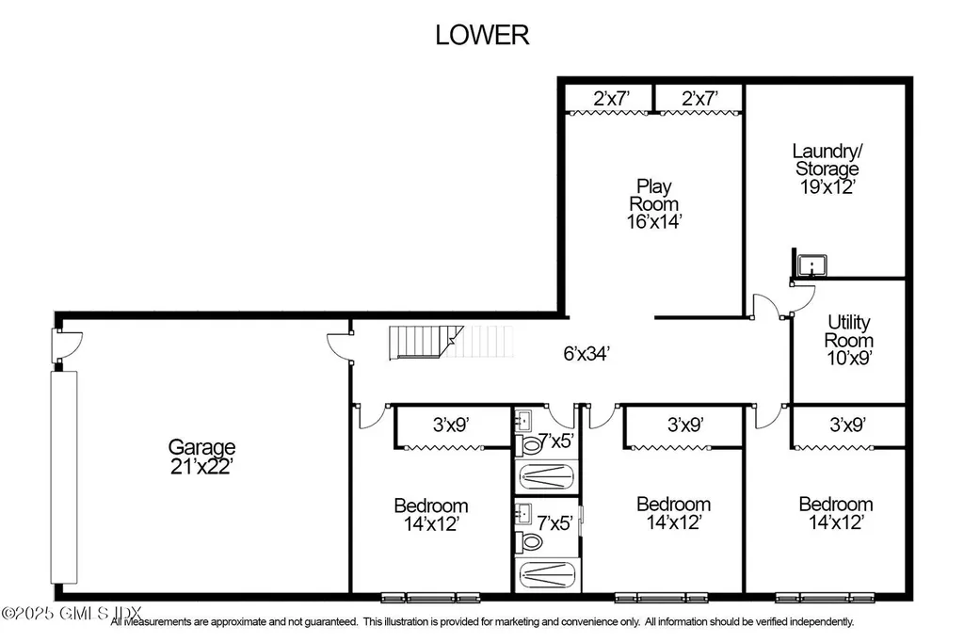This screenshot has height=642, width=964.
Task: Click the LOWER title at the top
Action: tap(482, 35)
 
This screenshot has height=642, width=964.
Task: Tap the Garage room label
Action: tap(201, 446)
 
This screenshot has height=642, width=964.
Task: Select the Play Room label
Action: tap(655, 194)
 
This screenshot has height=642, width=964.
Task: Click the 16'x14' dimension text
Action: tap(655, 221)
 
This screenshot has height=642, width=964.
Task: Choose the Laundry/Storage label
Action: tap(827, 159)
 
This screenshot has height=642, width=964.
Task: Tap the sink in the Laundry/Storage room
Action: tap(808, 265)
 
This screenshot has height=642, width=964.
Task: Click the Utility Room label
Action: tap(848, 330)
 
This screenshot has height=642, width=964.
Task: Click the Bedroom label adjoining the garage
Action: tap(430, 506)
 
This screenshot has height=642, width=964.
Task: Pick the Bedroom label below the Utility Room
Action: tap(835, 504)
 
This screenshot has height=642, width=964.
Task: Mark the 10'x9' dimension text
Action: tap(848, 358)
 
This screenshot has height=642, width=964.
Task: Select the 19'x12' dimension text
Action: tap(827, 186)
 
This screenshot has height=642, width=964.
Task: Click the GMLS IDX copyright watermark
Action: tap(56, 613)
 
